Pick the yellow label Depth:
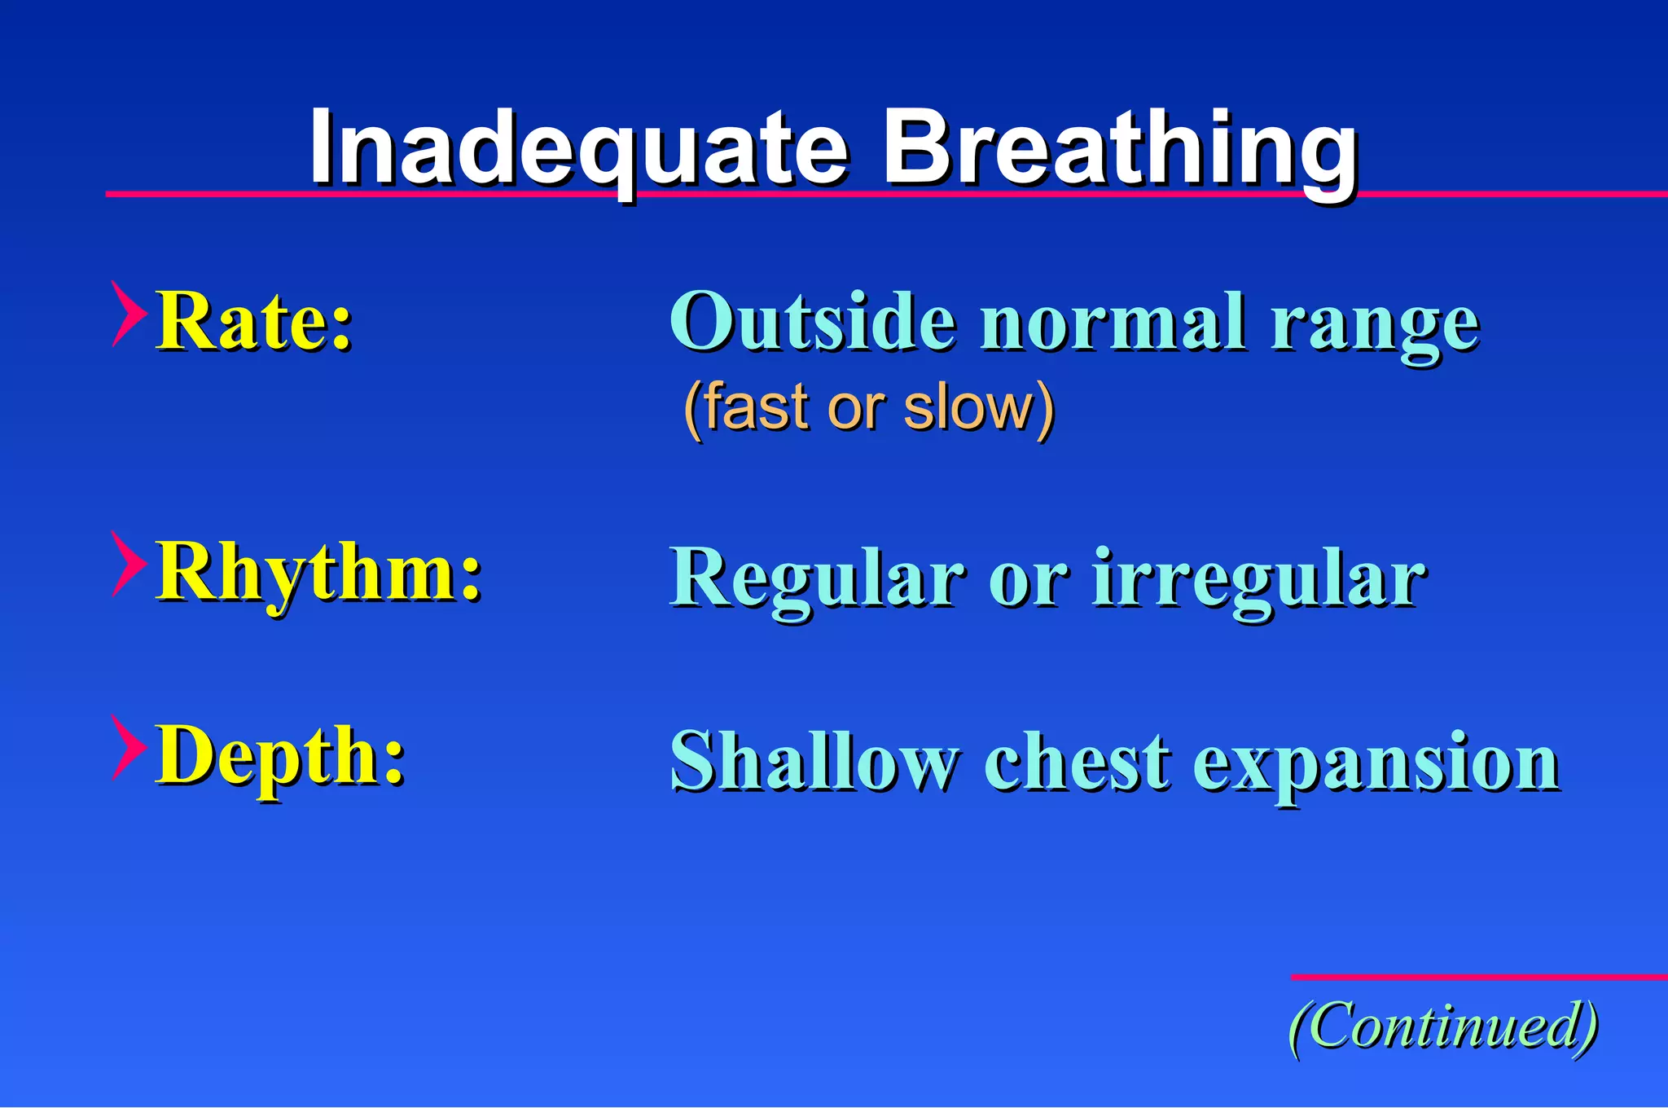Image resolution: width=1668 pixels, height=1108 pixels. pos(280,756)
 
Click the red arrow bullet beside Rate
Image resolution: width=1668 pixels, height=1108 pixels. pos(128,314)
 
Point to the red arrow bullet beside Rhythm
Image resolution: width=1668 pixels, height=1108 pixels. pos(128,564)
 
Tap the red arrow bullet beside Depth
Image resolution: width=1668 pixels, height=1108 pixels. pos(128,748)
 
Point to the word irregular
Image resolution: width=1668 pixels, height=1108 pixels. pos(1258,580)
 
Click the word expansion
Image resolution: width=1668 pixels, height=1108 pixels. pos(1376,764)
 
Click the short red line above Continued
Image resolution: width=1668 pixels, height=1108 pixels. pos(1478,976)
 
